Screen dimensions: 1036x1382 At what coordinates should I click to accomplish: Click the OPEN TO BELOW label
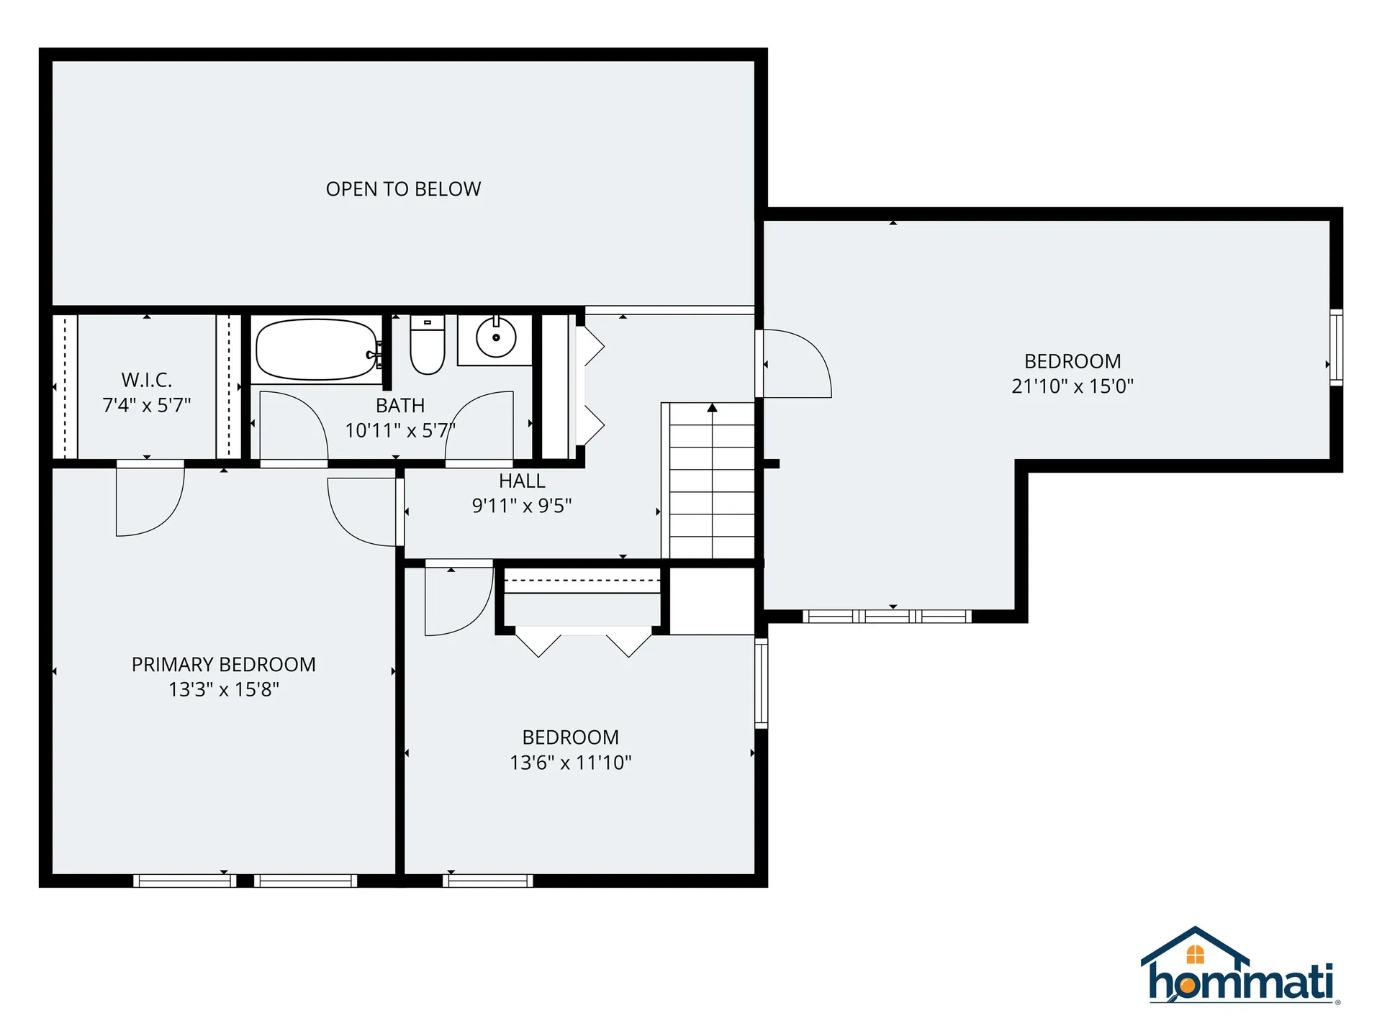(x=403, y=189)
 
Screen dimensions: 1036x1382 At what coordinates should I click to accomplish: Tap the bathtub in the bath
(x=317, y=350)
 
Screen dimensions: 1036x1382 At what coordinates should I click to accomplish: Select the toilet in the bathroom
(x=428, y=346)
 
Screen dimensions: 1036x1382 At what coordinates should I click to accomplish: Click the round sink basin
(x=496, y=337)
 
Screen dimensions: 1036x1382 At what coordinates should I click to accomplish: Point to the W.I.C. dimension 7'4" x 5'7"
(x=147, y=405)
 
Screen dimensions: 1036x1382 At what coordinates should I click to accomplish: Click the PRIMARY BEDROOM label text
(x=224, y=664)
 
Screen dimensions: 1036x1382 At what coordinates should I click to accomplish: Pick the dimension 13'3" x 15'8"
(x=224, y=689)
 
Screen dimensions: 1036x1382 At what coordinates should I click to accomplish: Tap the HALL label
(x=522, y=481)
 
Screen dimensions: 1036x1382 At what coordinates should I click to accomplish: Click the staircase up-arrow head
(x=713, y=408)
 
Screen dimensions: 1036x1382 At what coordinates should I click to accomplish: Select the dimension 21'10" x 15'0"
(x=1072, y=386)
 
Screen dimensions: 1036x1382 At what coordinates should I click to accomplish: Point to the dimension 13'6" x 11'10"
(x=571, y=763)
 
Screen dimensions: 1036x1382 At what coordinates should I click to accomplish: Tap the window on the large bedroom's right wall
(x=1336, y=347)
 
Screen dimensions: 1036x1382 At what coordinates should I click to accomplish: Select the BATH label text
(x=400, y=405)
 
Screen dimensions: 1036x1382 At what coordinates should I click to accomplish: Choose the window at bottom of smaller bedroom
(x=488, y=881)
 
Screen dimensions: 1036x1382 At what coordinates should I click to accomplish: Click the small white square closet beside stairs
(x=712, y=601)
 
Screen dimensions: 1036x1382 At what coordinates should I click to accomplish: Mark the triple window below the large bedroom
(x=887, y=617)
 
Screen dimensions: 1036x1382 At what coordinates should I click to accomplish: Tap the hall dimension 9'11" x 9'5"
(x=522, y=506)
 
